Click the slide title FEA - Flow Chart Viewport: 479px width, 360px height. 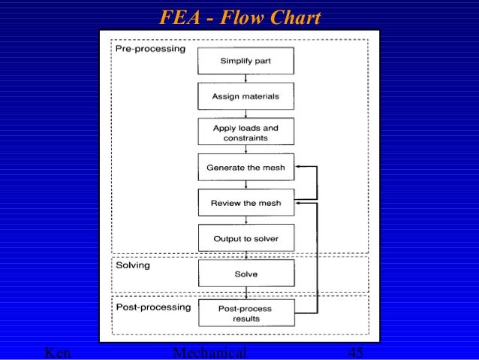(240, 17)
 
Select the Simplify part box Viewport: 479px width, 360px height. (246, 61)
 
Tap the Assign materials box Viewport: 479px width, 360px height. (246, 96)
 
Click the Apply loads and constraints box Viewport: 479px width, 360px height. (246, 132)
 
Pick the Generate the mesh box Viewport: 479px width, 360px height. (246, 168)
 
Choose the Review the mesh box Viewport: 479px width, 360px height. (246, 202)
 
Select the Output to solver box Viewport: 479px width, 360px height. (246, 238)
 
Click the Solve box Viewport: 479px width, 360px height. (246, 274)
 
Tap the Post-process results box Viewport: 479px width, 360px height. (246, 313)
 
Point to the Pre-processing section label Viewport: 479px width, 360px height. (150, 49)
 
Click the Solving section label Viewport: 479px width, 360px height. (133, 265)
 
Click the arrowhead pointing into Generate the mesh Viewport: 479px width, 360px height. (297, 168)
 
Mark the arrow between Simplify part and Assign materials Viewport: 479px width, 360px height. (246, 78)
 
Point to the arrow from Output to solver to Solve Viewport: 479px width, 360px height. (246, 256)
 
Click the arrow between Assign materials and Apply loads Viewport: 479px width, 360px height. (246, 114)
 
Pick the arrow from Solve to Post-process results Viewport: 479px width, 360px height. (246, 293)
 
